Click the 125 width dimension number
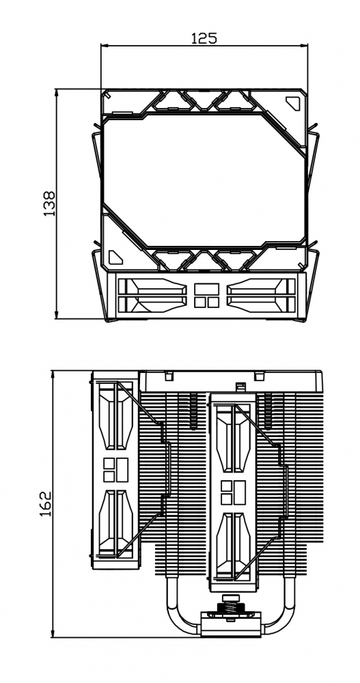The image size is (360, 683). [204, 38]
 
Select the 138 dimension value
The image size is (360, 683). [49, 204]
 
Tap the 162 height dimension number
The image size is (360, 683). [45, 504]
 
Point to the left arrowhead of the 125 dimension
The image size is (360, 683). [104, 45]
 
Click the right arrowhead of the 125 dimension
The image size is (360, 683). [304, 45]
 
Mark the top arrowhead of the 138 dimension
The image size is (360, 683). [57, 92]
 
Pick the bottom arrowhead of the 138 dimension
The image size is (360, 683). [57, 315]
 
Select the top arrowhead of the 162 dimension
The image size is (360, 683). [53, 374]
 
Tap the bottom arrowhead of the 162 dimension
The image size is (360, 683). [53, 634]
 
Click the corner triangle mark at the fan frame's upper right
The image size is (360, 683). [294, 103]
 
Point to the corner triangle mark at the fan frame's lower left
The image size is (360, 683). [115, 257]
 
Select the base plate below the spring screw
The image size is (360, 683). [231, 625]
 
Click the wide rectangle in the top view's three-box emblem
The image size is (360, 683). [206, 289]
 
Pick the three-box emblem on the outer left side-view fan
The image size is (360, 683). [115, 470]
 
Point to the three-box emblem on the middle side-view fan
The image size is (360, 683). [233, 492]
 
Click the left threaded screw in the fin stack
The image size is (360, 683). [193, 411]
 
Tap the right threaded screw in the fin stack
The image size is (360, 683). [268, 411]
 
